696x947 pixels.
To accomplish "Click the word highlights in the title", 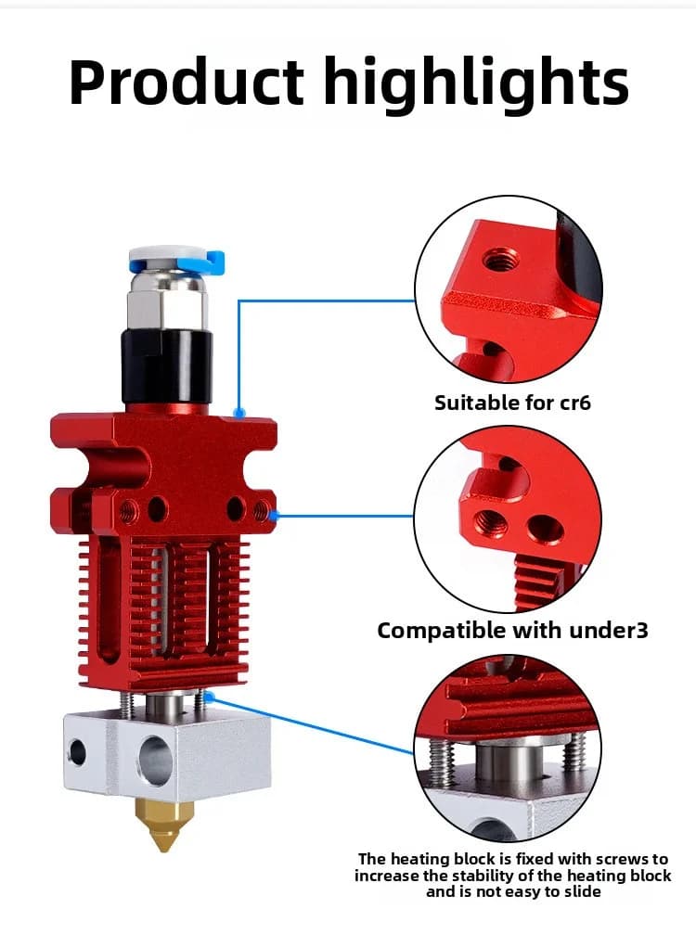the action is coord(476,83).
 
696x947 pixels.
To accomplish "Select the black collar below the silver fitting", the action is coord(167,365).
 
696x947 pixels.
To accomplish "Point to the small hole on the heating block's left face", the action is coord(78,750).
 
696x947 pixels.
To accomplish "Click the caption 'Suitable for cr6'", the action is coord(512,403).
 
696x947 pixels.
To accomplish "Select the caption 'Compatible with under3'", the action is coord(512,631).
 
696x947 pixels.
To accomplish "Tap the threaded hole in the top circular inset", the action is coord(501,261).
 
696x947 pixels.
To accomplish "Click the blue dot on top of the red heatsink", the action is coord(239,414).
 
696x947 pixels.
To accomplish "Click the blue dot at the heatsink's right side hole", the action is coord(273,516).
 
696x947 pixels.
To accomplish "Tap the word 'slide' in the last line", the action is coord(584,892).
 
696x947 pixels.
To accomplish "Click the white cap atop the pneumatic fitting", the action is coord(167,256).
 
